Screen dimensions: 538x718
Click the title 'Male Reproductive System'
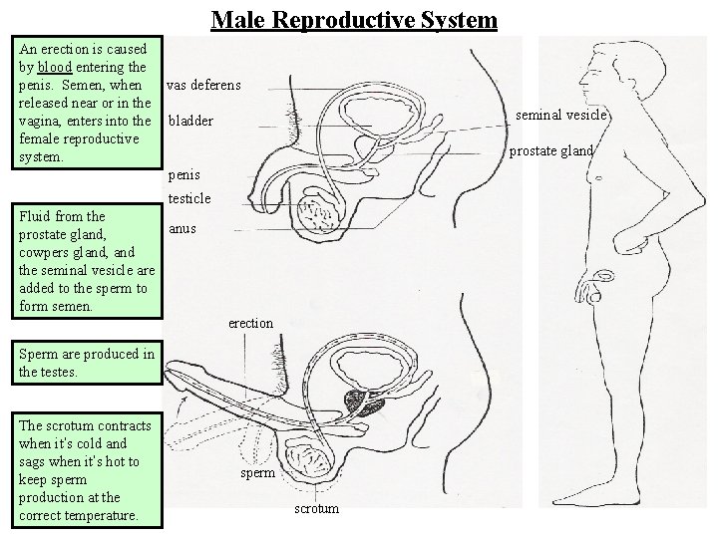[x=354, y=19]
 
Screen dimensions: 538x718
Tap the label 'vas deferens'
[x=203, y=86]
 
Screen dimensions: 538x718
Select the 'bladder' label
[x=190, y=122]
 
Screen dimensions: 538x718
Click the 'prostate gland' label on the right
[x=551, y=151]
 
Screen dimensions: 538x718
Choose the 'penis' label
[x=184, y=175]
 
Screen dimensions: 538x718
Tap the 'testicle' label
[x=189, y=198]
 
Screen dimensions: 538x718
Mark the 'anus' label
[x=181, y=228]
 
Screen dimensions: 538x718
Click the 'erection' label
[x=250, y=323]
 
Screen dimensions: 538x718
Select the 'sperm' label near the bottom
[x=257, y=473]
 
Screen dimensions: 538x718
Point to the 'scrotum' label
[x=315, y=509]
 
